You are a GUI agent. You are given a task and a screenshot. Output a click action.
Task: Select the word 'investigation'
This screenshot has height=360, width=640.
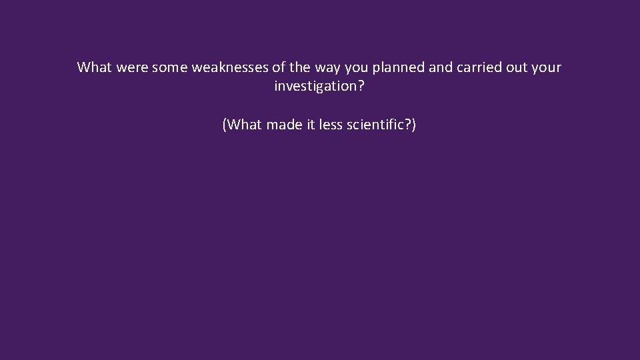[x=317, y=87]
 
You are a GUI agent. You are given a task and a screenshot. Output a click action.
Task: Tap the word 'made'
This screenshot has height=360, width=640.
[x=285, y=125]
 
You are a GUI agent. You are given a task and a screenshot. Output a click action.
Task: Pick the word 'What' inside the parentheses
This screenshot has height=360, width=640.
[x=244, y=125]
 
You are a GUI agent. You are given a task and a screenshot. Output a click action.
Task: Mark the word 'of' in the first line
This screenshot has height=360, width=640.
[x=278, y=67]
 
